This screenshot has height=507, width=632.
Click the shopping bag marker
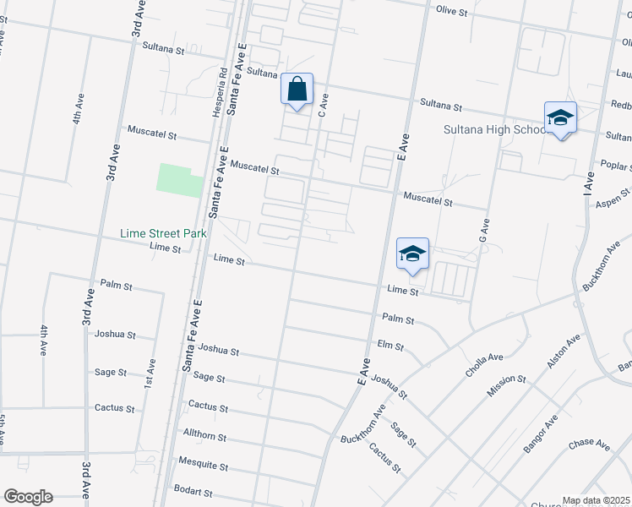[x=297, y=90]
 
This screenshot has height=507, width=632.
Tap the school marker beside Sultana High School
[x=559, y=119]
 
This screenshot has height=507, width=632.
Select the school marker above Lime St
[x=412, y=254]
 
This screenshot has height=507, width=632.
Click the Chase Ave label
[x=589, y=444]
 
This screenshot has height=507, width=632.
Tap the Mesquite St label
[x=203, y=464]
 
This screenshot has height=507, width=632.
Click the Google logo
[x=28, y=497]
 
